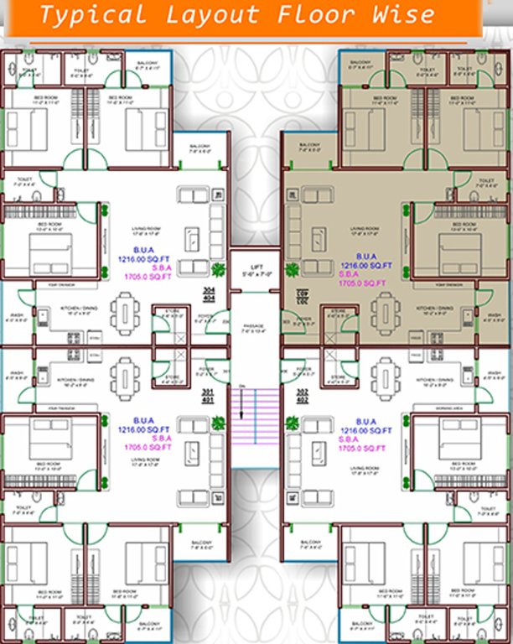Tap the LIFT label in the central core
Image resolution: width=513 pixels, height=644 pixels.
tap(256, 266)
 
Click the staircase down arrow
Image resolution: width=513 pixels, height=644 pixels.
tap(241, 403)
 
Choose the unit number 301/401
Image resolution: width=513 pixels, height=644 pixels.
tap(210, 393)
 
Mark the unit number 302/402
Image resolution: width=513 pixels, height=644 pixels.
tap(303, 393)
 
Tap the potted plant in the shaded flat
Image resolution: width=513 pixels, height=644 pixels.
tap(293, 269)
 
